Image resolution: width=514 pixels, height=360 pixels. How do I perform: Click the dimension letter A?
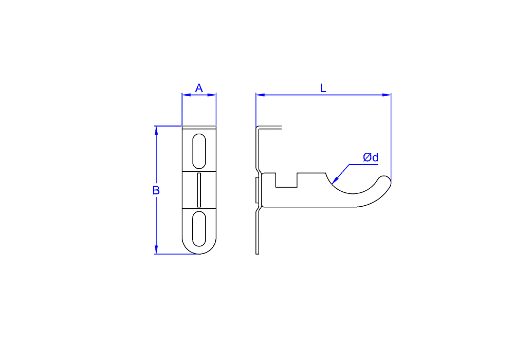[x=198, y=88]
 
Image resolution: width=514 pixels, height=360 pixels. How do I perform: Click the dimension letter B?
[x=156, y=190]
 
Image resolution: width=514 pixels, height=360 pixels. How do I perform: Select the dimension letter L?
[x=323, y=88]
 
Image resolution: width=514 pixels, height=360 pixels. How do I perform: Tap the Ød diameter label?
[x=371, y=157]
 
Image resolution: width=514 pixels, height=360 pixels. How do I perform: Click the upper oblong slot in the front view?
[x=199, y=151]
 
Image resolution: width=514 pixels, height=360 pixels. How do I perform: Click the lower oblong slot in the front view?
[x=199, y=228]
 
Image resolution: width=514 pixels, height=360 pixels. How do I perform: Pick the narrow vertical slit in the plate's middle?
[x=199, y=190]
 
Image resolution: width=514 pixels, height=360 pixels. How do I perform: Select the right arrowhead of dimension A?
[x=212, y=95]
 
